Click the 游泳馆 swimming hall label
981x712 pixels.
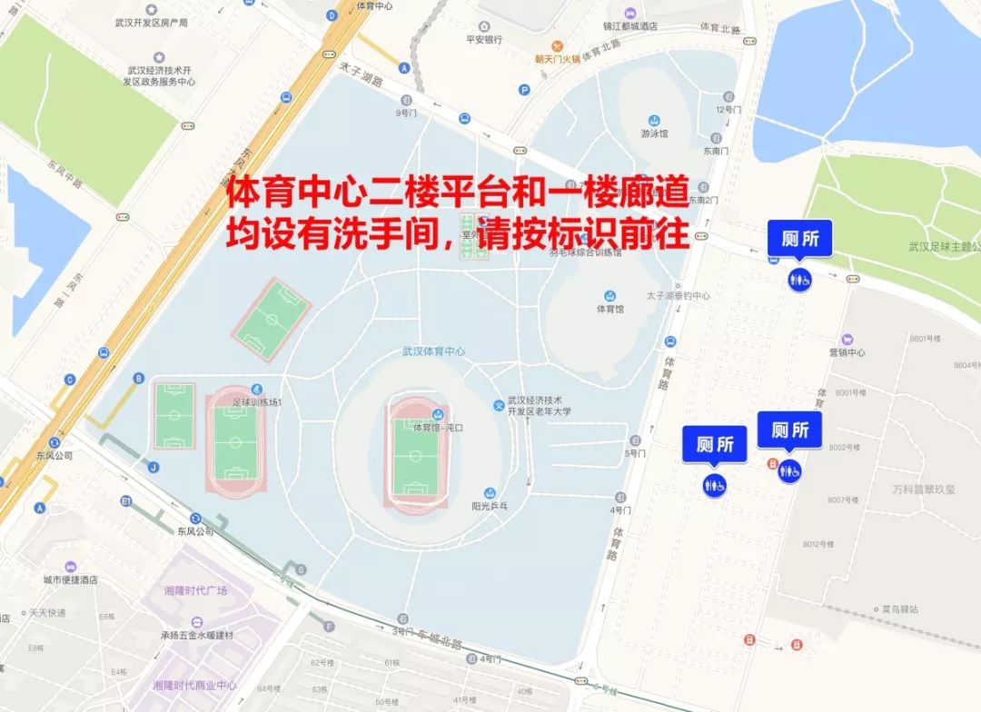coord(654,133)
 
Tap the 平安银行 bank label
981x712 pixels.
coord(484,40)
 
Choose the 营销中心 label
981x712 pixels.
coord(847,352)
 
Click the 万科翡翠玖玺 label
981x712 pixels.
coord(924,489)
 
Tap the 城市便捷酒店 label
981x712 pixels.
coord(70,579)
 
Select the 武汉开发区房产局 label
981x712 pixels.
coord(158,23)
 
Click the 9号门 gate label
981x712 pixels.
coord(406,114)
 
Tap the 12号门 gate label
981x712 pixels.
coord(729,109)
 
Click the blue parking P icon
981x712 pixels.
coord(523,89)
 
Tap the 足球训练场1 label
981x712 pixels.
coord(258,401)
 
